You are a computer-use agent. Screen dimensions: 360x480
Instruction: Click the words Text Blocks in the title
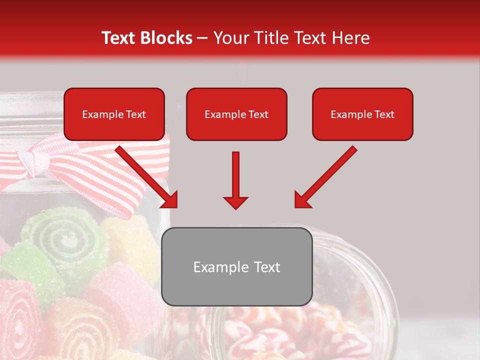tap(146, 38)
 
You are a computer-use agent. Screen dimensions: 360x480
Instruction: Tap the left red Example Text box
tap(114, 114)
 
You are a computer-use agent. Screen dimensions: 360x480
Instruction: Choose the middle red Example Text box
tap(236, 114)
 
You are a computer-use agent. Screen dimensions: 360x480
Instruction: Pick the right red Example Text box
tap(362, 114)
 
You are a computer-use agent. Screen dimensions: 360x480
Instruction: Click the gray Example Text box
tap(237, 267)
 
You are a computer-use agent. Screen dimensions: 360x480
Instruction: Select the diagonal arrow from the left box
tap(145, 175)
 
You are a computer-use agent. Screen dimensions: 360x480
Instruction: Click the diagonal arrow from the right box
tap(327, 175)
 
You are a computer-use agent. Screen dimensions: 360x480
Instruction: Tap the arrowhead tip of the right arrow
tap(297, 205)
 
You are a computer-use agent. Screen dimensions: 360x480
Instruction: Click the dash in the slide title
tap(202, 38)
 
